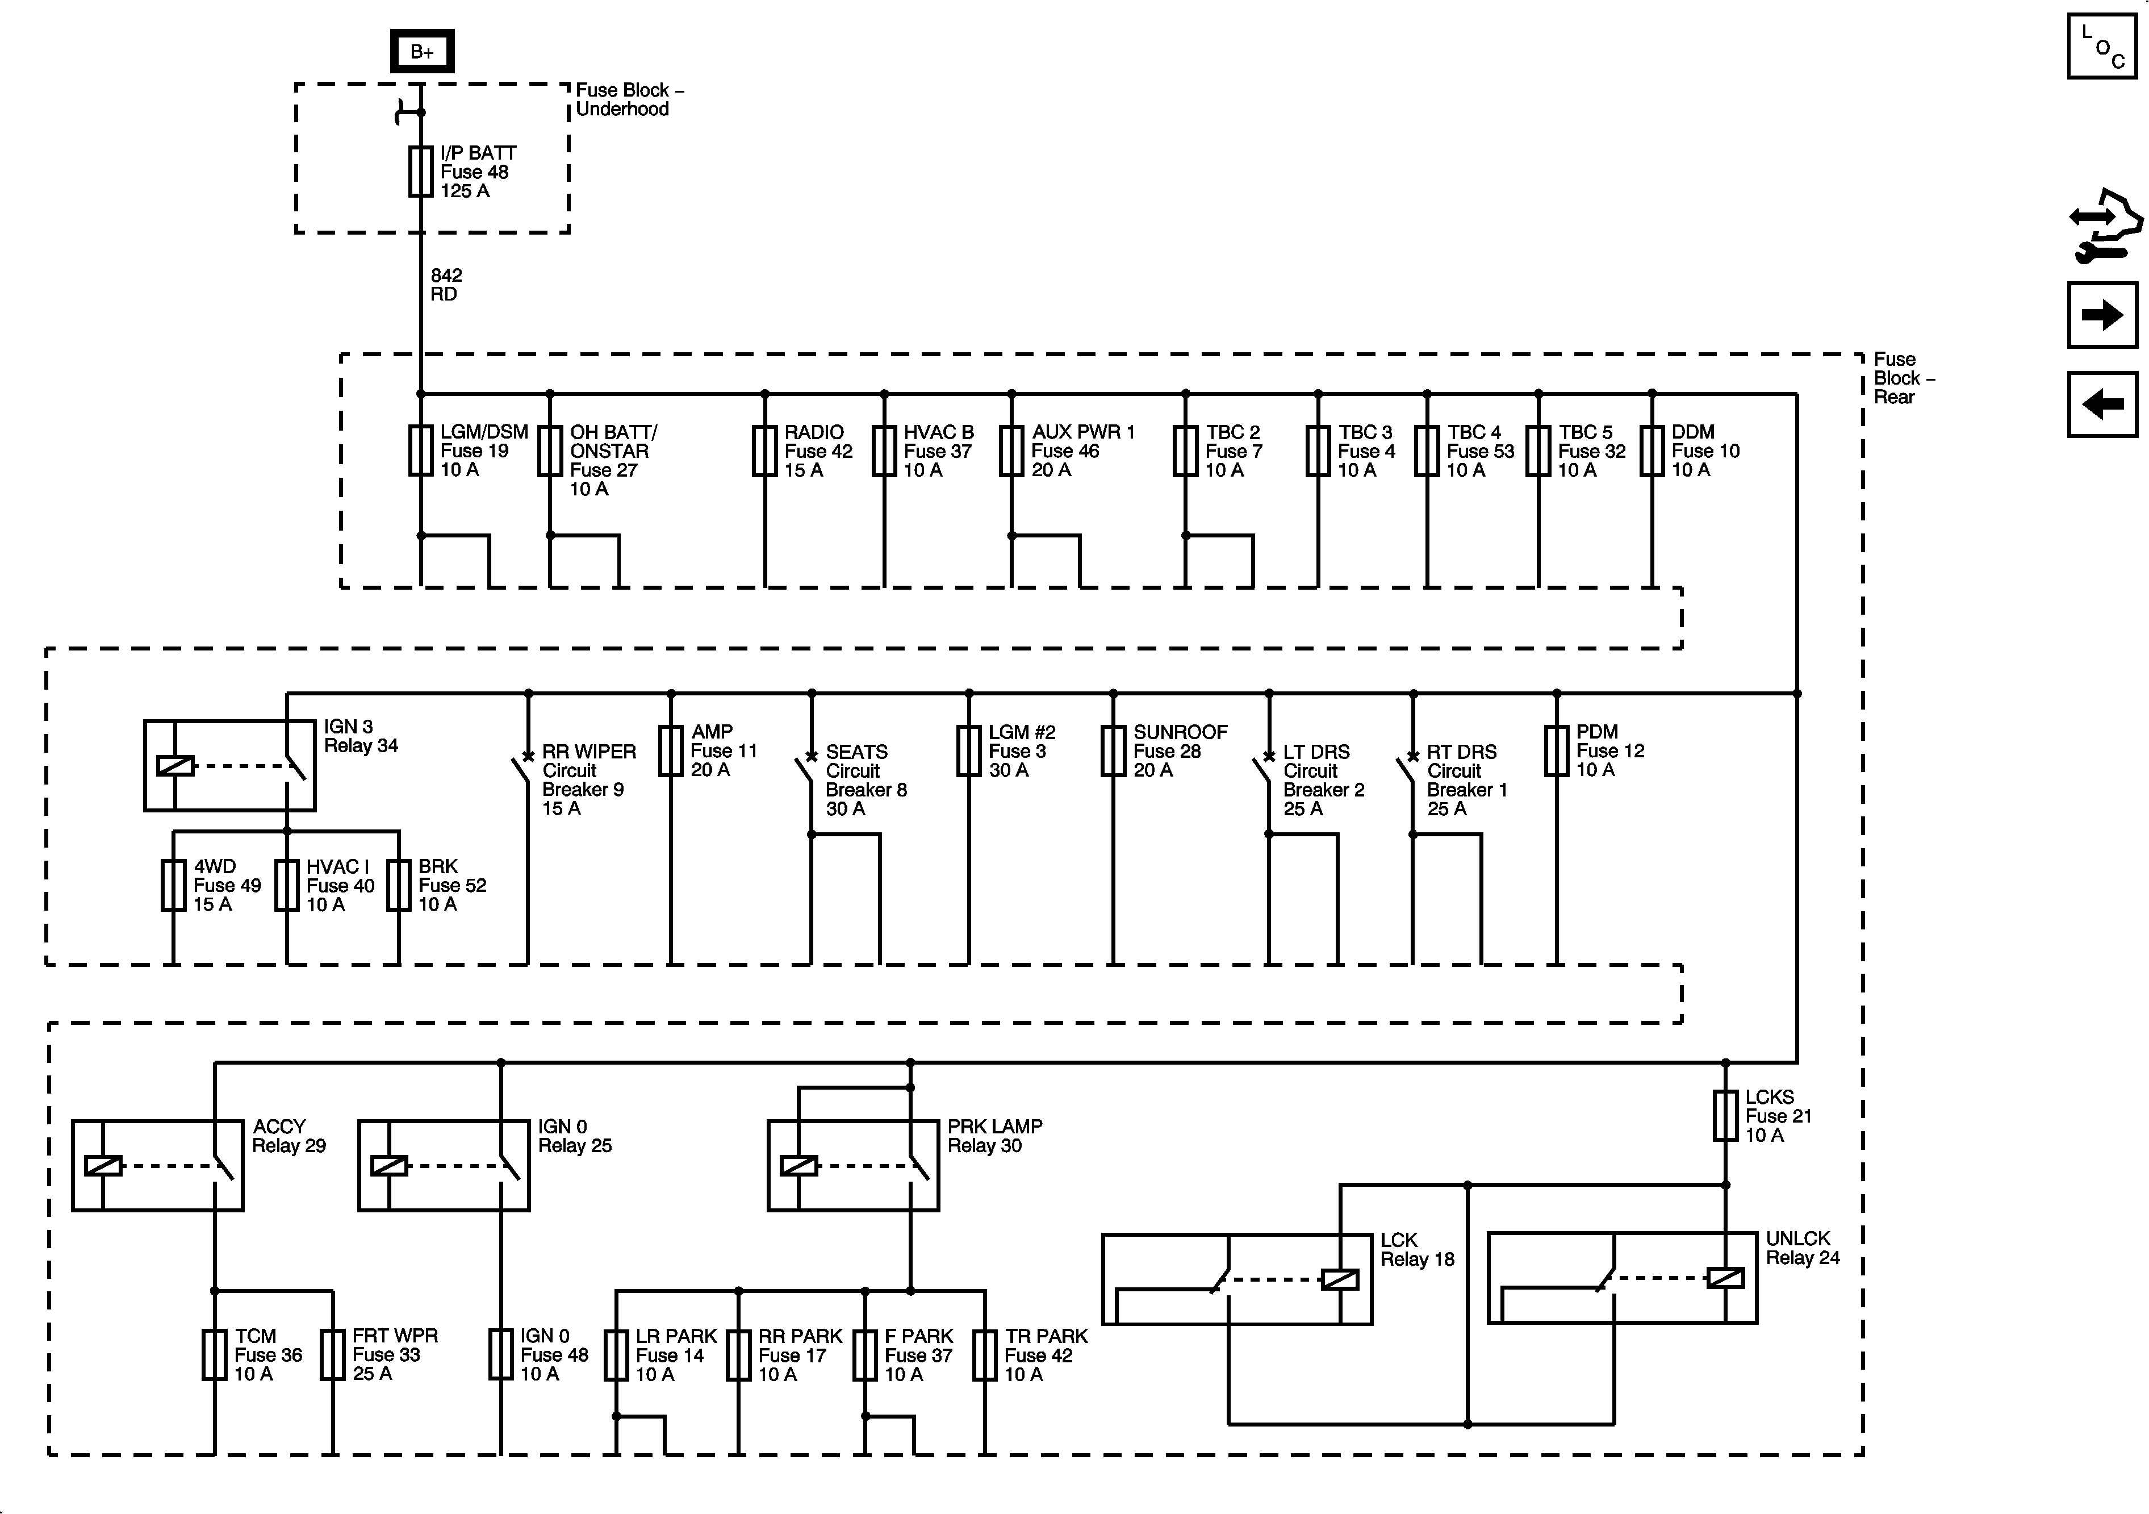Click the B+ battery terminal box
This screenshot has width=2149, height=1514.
(421, 52)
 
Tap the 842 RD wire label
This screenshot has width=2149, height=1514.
(445, 285)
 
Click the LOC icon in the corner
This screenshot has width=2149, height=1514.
(2101, 46)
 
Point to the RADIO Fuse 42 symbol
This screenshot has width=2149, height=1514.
(764, 451)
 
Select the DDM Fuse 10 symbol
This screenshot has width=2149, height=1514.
(1652, 451)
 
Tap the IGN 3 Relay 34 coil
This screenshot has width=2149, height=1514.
(175, 766)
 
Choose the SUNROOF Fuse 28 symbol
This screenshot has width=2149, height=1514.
(1113, 751)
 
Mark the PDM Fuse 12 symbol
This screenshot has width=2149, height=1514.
(1557, 751)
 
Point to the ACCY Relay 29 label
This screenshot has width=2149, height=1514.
(289, 1136)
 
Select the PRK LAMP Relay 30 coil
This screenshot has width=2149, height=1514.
(798, 1166)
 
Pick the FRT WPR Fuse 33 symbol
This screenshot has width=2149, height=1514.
(333, 1355)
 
